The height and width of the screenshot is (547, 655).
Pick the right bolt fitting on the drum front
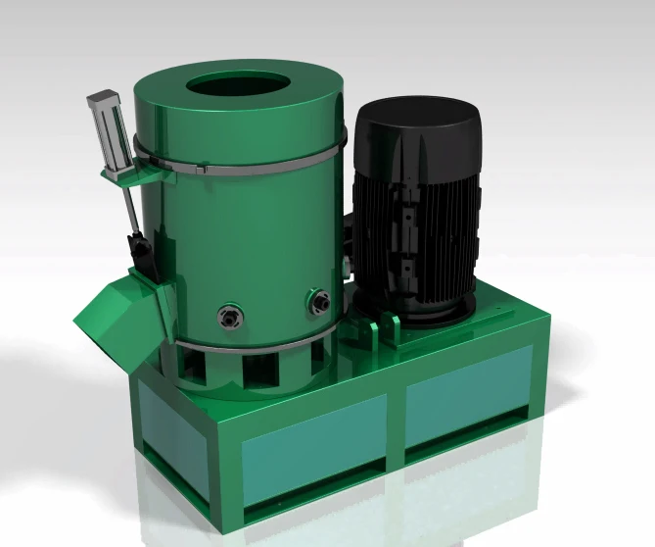[316, 300]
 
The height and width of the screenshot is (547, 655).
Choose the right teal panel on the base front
[469, 402]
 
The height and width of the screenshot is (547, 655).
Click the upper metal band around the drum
[245, 170]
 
